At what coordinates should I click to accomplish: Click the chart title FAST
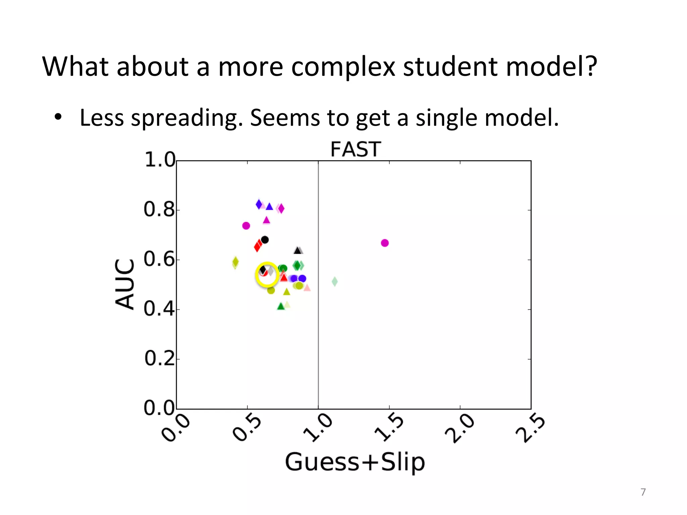[x=356, y=150]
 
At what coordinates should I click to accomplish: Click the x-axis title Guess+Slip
[x=355, y=462]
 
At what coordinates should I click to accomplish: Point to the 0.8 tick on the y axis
[x=159, y=210]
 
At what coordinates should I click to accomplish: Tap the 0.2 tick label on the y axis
[x=159, y=358]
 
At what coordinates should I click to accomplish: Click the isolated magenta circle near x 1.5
[x=385, y=243]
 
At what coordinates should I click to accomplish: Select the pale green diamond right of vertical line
[x=334, y=282]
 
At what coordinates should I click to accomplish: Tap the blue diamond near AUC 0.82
[x=259, y=204]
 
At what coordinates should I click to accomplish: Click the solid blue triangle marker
[x=269, y=207]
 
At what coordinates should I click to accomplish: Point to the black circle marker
[x=265, y=240]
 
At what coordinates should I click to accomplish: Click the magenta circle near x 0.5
[x=246, y=226]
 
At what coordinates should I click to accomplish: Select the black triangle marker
[x=297, y=250]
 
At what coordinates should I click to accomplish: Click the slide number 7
[x=643, y=492]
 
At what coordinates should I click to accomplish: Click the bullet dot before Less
[x=58, y=117]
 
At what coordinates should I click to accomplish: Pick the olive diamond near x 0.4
[x=235, y=262]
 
